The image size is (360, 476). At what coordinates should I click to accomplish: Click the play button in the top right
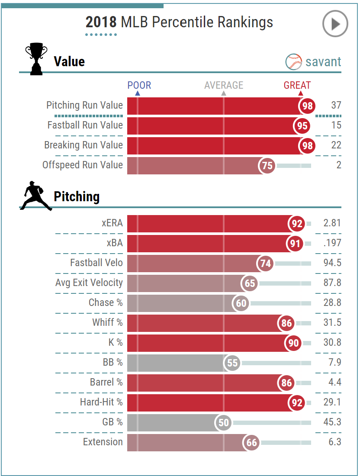click(x=335, y=24)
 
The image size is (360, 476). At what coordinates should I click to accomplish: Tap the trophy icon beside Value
click(x=36, y=58)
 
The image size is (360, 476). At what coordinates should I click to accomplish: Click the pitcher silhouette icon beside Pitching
click(x=36, y=196)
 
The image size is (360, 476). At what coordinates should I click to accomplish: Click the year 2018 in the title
click(x=101, y=22)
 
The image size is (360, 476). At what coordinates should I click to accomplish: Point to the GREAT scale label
click(x=297, y=86)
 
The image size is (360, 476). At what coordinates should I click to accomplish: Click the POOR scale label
click(x=139, y=86)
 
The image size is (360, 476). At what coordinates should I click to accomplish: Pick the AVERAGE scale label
click(x=224, y=86)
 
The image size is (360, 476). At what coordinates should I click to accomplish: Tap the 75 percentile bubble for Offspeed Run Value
click(x=267, y=165)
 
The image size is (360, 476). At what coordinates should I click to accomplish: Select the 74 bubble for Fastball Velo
click(x=265, y=263)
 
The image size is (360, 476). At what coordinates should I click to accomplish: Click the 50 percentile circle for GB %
click(x=223, y=422)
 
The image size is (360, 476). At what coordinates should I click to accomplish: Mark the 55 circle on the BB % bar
click(x=232, y=363)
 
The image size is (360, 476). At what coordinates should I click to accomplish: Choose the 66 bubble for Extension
click(x=251, y=442)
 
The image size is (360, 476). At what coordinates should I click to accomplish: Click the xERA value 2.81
click(x=332, y=223)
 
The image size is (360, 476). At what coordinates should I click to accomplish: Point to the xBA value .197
click(x=332, y=243)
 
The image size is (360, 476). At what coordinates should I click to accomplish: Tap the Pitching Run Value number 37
click(x=336, y=106)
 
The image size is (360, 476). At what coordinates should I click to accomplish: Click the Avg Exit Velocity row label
click(x=89, y=283)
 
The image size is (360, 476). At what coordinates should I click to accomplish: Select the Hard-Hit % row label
click(x=101, y=402)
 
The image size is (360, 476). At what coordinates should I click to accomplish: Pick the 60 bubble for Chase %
click(x=241, y=303)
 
